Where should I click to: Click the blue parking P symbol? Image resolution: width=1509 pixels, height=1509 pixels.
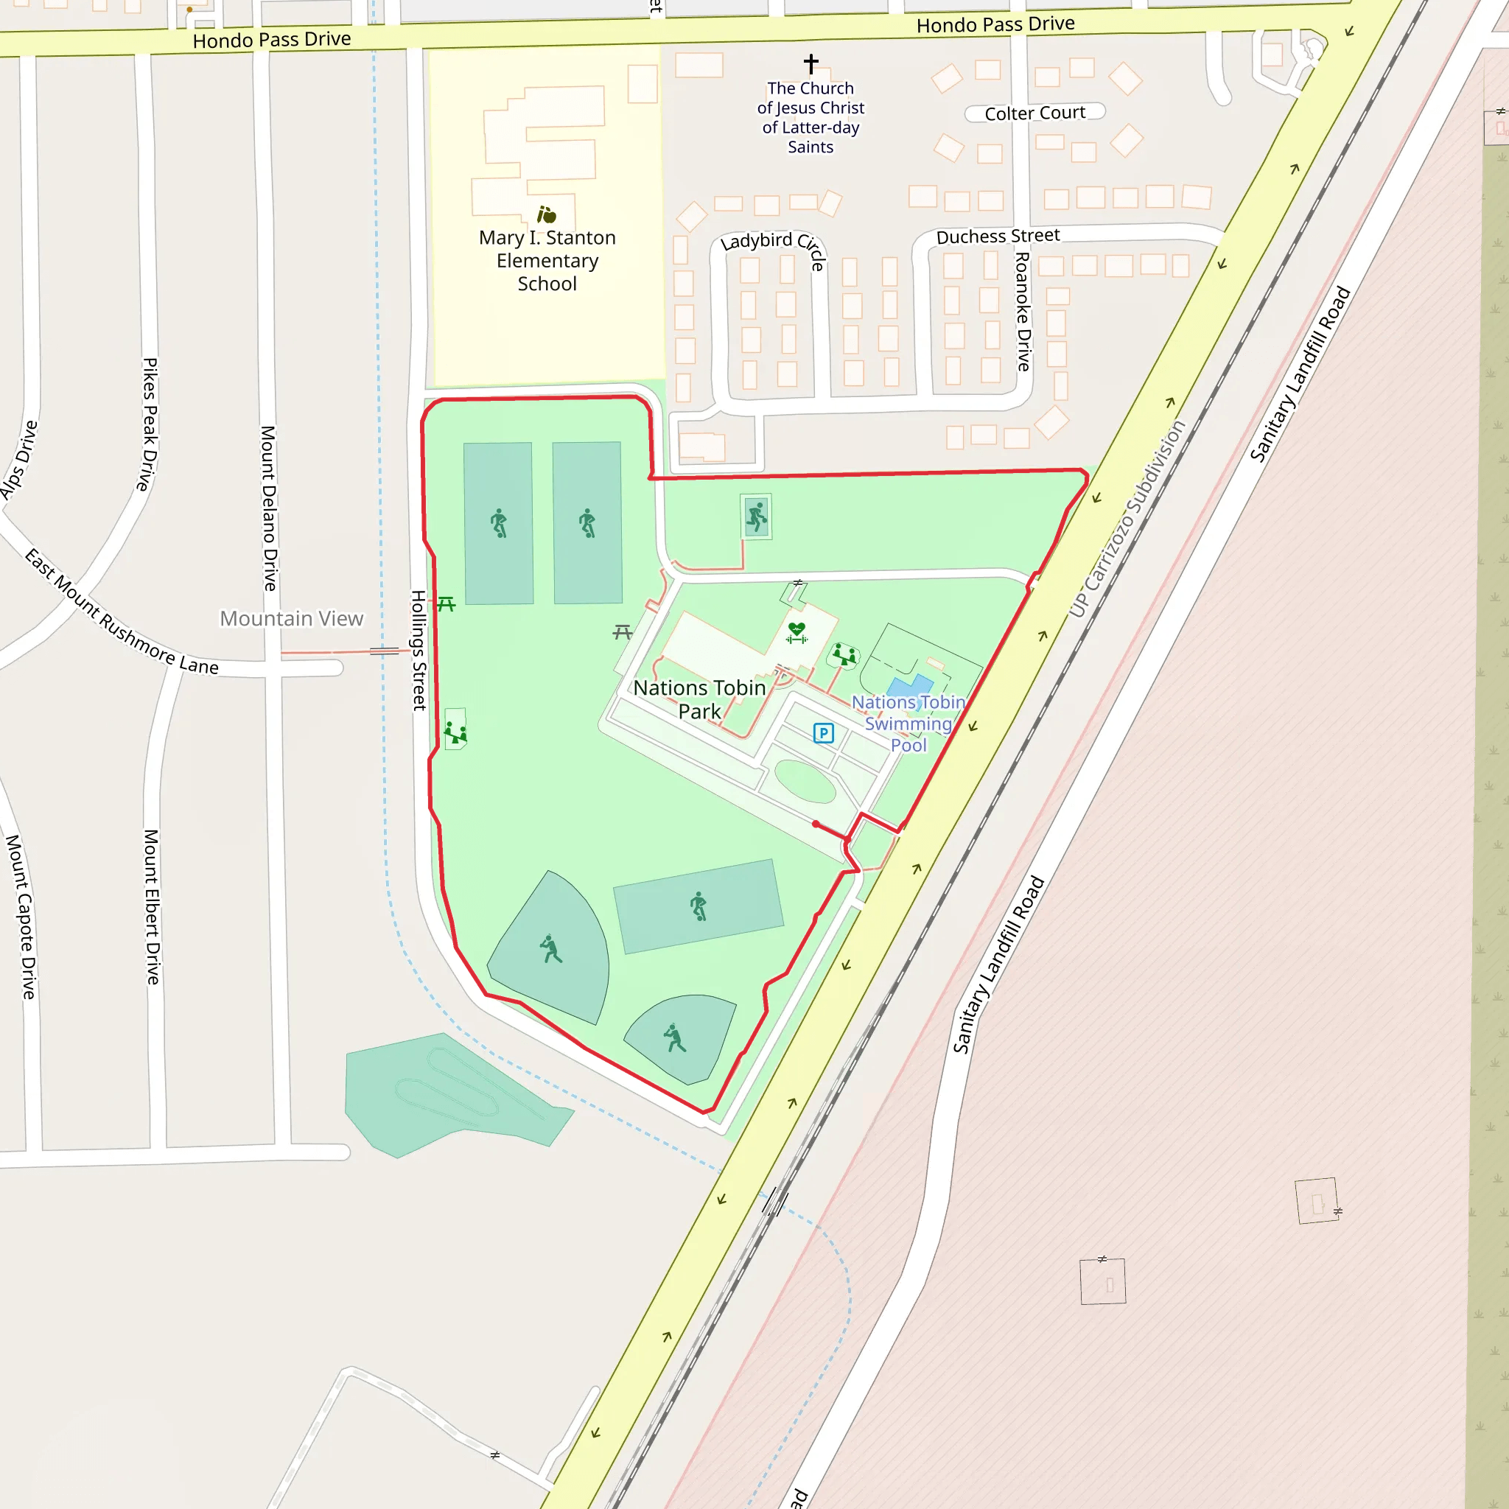(x=823, y=732)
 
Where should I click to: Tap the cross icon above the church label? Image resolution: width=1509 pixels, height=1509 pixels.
(x=810, y=63)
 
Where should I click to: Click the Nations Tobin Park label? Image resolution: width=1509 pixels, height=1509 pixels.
(x=699, y=699)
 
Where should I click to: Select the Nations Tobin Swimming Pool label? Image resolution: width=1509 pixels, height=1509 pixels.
(x=908, y=724)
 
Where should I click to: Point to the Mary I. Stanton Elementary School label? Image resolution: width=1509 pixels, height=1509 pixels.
(x=547, y=260)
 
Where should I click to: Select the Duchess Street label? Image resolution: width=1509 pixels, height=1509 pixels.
(x=998, y=236)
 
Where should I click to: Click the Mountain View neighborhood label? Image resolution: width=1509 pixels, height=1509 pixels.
(x=291, y=619)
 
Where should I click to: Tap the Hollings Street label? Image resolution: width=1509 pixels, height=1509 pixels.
(x=419, y=650)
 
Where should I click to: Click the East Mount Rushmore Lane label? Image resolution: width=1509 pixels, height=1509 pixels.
(x=121, y=613)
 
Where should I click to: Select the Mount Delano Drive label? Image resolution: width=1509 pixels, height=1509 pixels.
(x=268, y=508)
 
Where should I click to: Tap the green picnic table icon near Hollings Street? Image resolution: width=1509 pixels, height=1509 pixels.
(x=446, y=603)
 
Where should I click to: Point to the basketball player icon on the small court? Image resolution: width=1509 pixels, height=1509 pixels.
(x=756, y=517)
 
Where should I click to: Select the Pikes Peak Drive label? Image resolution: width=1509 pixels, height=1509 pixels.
(x=148, y=424)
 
